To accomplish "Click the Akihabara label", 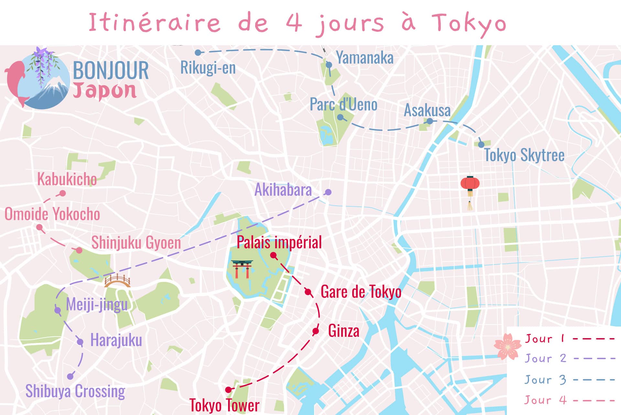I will pyautogui.click(x=283, y=190).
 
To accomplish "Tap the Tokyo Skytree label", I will pyautogui.click(x=524, y=155).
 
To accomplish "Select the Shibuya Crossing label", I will pyautogui.click(x=75, y=391).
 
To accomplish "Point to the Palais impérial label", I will pyautogui.click(x=279, y=242).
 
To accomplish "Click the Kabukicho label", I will pyautogui.click(x=67, y=179).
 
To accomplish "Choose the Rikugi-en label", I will pyautogui.click(x=208, y=68).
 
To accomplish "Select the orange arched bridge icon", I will pyautogui.click(x=117, y=281).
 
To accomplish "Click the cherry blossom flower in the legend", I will pyautogui.click(x=507, y=347).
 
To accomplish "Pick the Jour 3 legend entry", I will pyautogui.click(x=569, y=380).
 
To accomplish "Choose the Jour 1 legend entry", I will pyautogui.click(x=569, y=339).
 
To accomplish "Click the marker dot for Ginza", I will pyautogui.click(x=316, y=331).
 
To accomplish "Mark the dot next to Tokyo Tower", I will pyautogui.click(x=228, y=390).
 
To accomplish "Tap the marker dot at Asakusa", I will pyautogui.click(x=430, y=121).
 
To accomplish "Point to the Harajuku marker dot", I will pyautogui.click(x=80, y=342).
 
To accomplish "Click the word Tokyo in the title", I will pyautogui.click(x=469, y=23).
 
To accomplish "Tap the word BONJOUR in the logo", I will pyautogui.click(x=111, y=70).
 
